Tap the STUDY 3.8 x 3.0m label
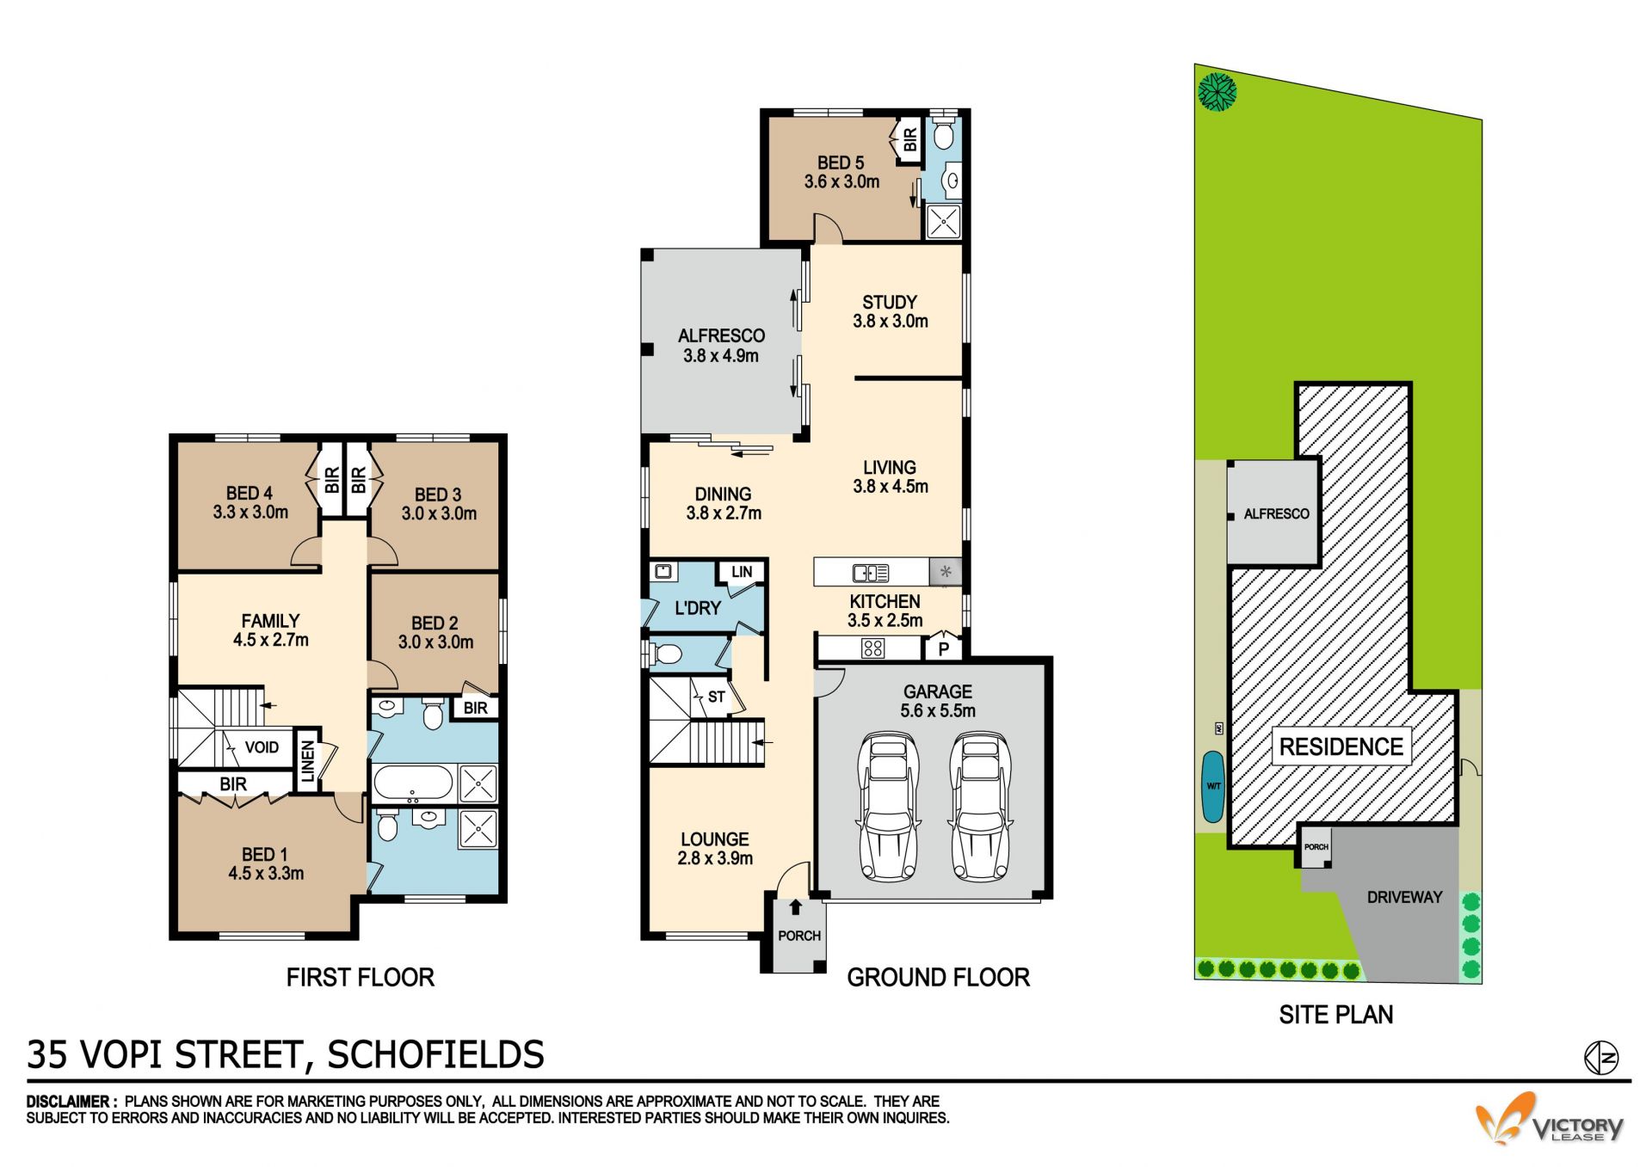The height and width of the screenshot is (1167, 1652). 891,311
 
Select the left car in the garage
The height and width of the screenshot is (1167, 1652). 888,807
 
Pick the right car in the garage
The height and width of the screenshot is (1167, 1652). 979,807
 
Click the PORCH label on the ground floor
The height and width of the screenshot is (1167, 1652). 799,936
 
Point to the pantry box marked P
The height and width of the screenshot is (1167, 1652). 944,648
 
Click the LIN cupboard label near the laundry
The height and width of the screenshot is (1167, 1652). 742,572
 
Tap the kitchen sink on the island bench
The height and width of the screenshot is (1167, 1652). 871,573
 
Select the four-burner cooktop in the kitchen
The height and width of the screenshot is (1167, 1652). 872,648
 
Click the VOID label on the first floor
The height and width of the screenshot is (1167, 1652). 262,747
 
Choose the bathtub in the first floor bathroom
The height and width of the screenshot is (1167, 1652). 412,783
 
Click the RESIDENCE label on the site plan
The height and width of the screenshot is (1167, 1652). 1341,746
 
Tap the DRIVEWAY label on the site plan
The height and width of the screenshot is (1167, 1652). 1404,897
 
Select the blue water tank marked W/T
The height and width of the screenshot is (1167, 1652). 1213,786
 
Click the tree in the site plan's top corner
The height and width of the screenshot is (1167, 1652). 1217,91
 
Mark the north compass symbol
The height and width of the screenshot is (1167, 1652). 1601,1058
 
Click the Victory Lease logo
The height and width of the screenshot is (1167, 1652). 1550,1119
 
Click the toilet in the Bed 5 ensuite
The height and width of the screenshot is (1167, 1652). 944,134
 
